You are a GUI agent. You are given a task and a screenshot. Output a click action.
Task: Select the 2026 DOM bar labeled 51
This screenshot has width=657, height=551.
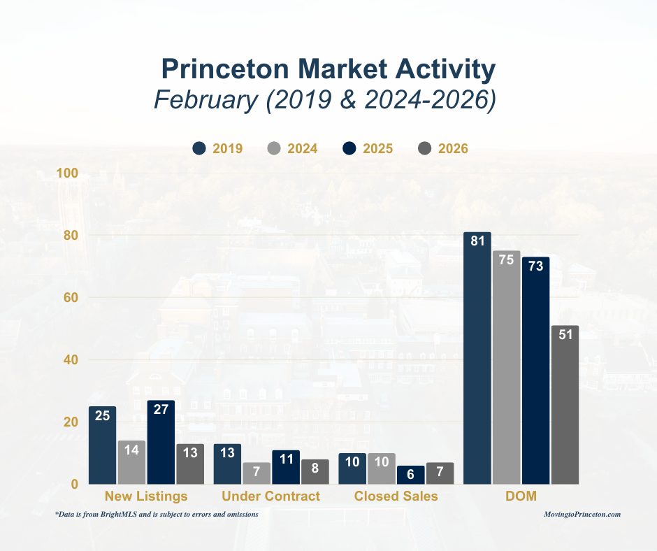point(565,405)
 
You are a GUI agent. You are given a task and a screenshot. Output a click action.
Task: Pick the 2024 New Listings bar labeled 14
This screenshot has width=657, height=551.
point(131,462)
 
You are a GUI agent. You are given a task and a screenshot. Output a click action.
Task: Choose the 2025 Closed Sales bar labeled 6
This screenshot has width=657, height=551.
point(410,475)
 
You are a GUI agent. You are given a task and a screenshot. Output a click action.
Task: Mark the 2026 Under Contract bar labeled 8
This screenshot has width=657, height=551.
point(315,472)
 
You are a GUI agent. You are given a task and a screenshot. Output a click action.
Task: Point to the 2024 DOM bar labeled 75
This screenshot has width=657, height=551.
point(506,367)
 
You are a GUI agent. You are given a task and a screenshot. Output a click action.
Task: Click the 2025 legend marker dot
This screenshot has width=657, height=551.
point(350,148)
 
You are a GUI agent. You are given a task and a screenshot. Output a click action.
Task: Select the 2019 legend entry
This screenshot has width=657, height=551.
point(217,148)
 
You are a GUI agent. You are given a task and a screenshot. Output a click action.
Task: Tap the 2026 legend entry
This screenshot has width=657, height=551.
point(442,148)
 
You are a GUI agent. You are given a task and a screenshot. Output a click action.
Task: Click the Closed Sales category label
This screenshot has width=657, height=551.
point(396,496)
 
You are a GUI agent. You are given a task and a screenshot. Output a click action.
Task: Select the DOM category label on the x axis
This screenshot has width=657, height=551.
point(521,496)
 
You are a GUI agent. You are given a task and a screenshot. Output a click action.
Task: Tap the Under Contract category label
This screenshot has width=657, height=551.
point(270,496)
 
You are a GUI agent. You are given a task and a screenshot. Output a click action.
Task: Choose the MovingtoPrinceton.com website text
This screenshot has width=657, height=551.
point(582,514)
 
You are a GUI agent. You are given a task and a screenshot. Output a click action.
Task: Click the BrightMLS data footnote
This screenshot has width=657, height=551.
point(157,514)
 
